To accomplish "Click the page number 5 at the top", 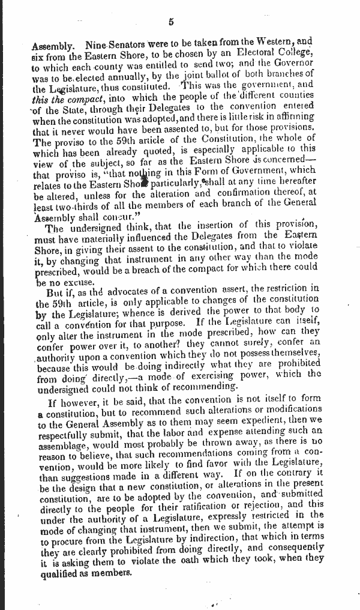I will tap(171, 22).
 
